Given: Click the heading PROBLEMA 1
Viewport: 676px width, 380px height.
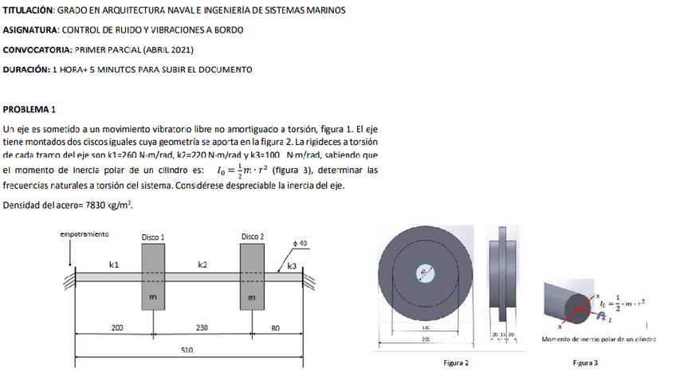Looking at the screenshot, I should (29, 109).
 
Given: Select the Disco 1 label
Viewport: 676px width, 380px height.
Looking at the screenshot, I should (153, 237).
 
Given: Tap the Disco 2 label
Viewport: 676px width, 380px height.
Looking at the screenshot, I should (253, 237).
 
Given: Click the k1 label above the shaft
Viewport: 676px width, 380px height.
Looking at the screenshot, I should (114, 264).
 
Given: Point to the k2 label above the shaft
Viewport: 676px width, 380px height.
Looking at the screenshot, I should (202, 264).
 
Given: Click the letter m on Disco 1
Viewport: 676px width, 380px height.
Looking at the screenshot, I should (153, 297).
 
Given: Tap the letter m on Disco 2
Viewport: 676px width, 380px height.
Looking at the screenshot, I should (253, 297).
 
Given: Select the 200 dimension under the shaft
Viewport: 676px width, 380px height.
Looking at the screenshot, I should (117, 327).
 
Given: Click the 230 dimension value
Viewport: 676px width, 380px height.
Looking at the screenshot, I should (202, 327).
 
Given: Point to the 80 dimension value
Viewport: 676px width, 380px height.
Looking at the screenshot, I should (276, 327).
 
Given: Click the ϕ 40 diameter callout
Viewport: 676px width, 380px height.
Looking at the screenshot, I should (300, 242).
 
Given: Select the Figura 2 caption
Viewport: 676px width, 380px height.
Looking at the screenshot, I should (456, 363).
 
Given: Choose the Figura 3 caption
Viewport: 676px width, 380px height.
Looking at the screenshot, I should (585, 363).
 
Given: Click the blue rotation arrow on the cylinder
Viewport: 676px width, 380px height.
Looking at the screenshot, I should (601, 315).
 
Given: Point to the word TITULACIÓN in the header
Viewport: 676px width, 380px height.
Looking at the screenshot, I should (28, 10).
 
